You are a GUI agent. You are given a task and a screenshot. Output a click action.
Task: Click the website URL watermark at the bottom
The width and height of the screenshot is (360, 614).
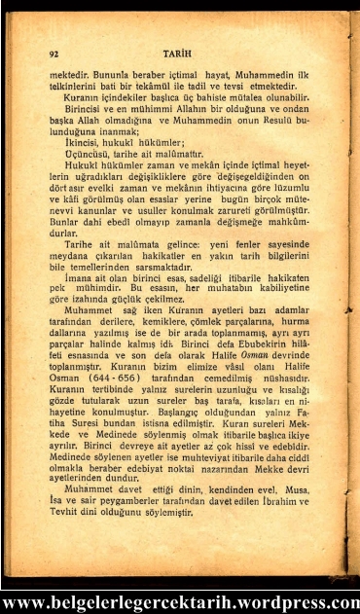click(180, 601)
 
